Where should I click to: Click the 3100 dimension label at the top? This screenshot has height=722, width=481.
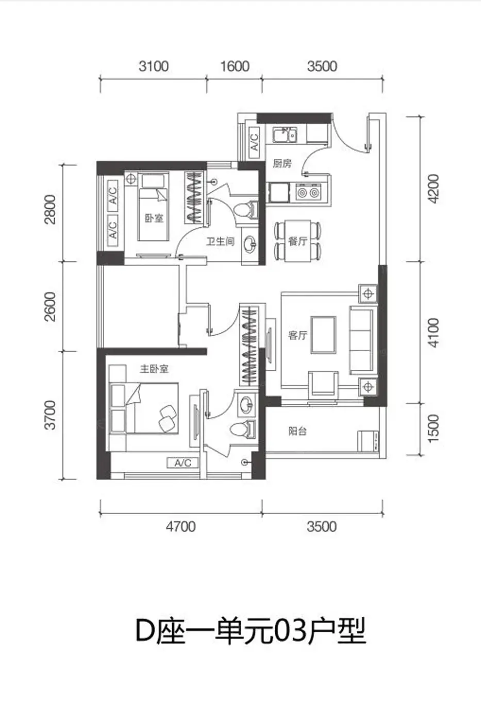(153, 67)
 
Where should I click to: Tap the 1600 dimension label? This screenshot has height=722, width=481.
(235, 67)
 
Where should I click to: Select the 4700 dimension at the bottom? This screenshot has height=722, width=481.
(181, 527)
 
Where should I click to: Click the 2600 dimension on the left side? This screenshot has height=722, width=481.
(50, 306)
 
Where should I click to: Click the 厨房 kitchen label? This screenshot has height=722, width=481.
(282, 164)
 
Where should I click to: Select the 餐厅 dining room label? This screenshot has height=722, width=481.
(297, 241)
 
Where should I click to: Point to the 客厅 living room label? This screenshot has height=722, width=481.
(297, 336)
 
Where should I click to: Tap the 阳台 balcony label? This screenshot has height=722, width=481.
(297, 431)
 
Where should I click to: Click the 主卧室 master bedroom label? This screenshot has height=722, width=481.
(154, 369)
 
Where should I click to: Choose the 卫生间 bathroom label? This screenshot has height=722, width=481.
(220, 241)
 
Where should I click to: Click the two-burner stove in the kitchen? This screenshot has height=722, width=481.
(308, 192)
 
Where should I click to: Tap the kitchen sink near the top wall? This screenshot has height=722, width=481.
(285, 135)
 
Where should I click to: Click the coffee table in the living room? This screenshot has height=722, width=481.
(323, 335)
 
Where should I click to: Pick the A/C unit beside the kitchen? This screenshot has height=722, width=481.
(254, 142)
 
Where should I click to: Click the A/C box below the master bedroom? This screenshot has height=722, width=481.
(183, 463)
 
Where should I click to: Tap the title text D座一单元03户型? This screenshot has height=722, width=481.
(251, 631)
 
